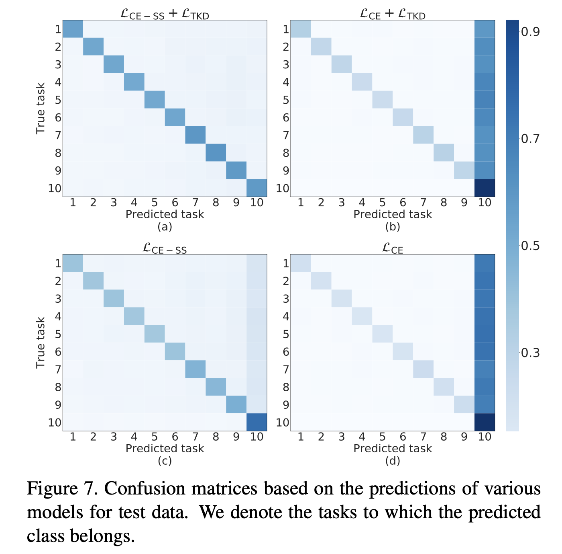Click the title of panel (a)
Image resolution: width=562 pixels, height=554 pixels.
165,14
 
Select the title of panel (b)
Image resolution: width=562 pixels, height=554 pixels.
392,14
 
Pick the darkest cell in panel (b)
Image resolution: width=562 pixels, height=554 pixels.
485,188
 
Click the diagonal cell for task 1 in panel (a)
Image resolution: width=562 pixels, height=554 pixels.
73,29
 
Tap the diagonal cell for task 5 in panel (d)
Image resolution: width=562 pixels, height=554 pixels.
382,334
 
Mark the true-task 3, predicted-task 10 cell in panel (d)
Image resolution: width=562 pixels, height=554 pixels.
485,298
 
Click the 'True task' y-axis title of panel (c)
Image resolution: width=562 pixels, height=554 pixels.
40,343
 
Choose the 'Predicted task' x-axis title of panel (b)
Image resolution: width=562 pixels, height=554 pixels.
392,214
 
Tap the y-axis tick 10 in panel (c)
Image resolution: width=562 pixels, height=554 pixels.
54,423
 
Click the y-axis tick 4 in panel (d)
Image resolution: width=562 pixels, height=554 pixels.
285,316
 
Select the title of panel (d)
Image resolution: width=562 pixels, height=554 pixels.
392,249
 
